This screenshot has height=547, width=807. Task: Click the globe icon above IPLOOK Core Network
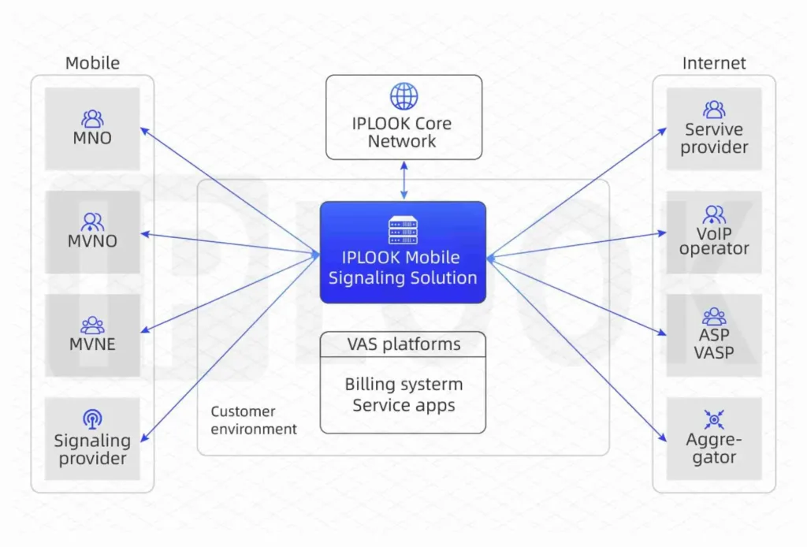tap(403, 96)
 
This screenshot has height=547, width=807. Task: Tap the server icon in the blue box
tap(403, 230)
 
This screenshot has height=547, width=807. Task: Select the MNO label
tap(92, 139)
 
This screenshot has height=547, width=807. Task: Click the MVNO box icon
tap(92, 222)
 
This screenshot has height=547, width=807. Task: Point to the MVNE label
tap(92, 344)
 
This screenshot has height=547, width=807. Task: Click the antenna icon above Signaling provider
tap(92, 419)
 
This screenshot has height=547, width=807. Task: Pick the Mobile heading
tap(92, 63)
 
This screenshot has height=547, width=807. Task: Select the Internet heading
tap(714, 63)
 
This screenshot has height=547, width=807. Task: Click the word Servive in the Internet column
tap(714, 129)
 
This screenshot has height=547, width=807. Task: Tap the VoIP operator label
tap(714, 240)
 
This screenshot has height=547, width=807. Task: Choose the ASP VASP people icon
tap(714, 317)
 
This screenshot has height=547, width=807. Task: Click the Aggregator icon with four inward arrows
tap(714, 419)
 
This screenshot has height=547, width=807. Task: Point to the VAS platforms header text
tap(403, 344)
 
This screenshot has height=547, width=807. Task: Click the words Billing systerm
tap(403, 385)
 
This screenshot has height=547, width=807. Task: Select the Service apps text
tap(403, 406)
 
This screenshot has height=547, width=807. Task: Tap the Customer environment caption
tap(254, 420)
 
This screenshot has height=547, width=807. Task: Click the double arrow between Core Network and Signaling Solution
tap(403, 180)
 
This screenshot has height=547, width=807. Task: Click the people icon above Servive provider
tap(714, 110)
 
